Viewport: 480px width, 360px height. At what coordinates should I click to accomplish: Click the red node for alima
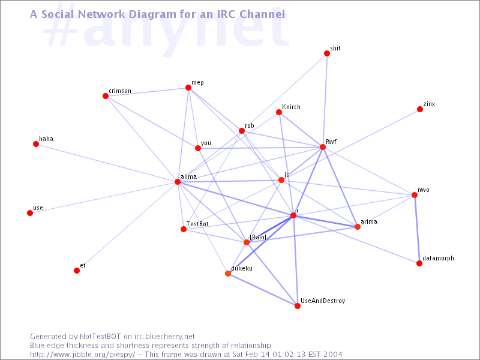pyautogui.click(x=178, y=182)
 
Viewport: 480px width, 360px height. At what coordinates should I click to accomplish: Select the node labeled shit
pyautogui.click(x=327, y=53)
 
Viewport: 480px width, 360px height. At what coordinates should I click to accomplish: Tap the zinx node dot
pyautogui.click(x=420, y=109)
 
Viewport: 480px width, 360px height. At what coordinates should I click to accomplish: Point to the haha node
pyautogui.click(x=36, y=144)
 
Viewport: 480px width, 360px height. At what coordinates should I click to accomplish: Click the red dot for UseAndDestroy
pyautogui.click(x=298, y=306)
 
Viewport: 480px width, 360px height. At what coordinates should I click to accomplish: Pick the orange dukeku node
pyautogui.click(x=228, y=274)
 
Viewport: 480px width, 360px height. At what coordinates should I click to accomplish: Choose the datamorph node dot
pyautogui.click(x=419, y=263)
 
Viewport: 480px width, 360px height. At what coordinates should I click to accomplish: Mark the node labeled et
pyautogui.click(x=77, y=271)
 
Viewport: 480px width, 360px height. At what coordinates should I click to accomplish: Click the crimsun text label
pyautogui.click(x=120, y=91)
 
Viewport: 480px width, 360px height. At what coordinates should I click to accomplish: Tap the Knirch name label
pyautogui.click(x=291, y=107)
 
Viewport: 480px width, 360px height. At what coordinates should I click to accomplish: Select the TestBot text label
pyautogui.click(x=197, y=224)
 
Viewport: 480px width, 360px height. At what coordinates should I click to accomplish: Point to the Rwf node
pyautogui.click(x=323, y=147)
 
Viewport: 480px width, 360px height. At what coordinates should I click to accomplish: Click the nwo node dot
pyautogui.click(x=415, y=195)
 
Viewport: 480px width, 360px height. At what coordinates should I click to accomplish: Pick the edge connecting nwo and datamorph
pyautogui.click(x=417, y=229)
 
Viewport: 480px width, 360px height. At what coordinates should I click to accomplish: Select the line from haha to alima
pyautogui.click(x=107, y=163)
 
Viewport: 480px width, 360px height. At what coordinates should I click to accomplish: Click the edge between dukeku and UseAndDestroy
pyautogui.click(x=263, y=290)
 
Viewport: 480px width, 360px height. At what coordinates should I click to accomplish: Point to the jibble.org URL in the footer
pyautogui.click(x=83, y=355)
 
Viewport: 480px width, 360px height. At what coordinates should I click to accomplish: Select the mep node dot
pyautogui.click(x=188, y=88)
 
